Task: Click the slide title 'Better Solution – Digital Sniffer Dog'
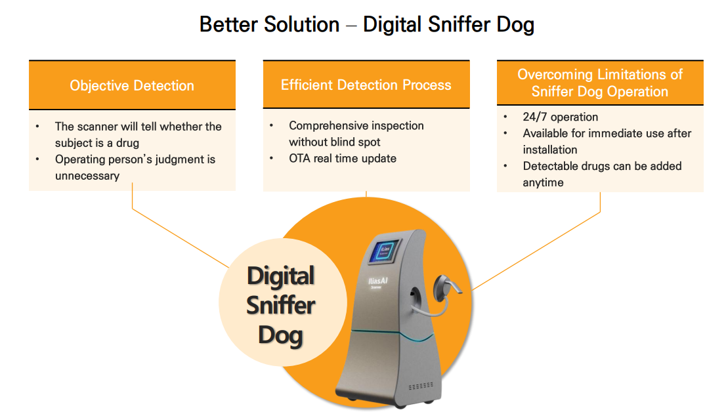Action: click(x=367, y=25)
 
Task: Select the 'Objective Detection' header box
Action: click(x=132, y=85)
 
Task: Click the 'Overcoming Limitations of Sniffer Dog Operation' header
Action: click(x=600, y=83)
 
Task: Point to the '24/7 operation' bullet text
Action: click(x=560, y=117)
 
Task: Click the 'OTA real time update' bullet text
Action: click(x=343, y=158)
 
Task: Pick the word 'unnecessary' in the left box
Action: click(x=87, y=176)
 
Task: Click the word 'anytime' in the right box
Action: click(x=543, y=183)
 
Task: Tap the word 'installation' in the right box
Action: click(x=550, y=150)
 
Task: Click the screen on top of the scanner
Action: click(x=384, y=252)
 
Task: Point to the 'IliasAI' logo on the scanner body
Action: click(x=378, y=281)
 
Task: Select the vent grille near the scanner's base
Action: click(x=421, y=386)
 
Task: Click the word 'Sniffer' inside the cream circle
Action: click(x=280, y=306)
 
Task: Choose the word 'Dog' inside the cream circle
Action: click(x=280, y=336)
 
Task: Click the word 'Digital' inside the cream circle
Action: click(x=280, y=276)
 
